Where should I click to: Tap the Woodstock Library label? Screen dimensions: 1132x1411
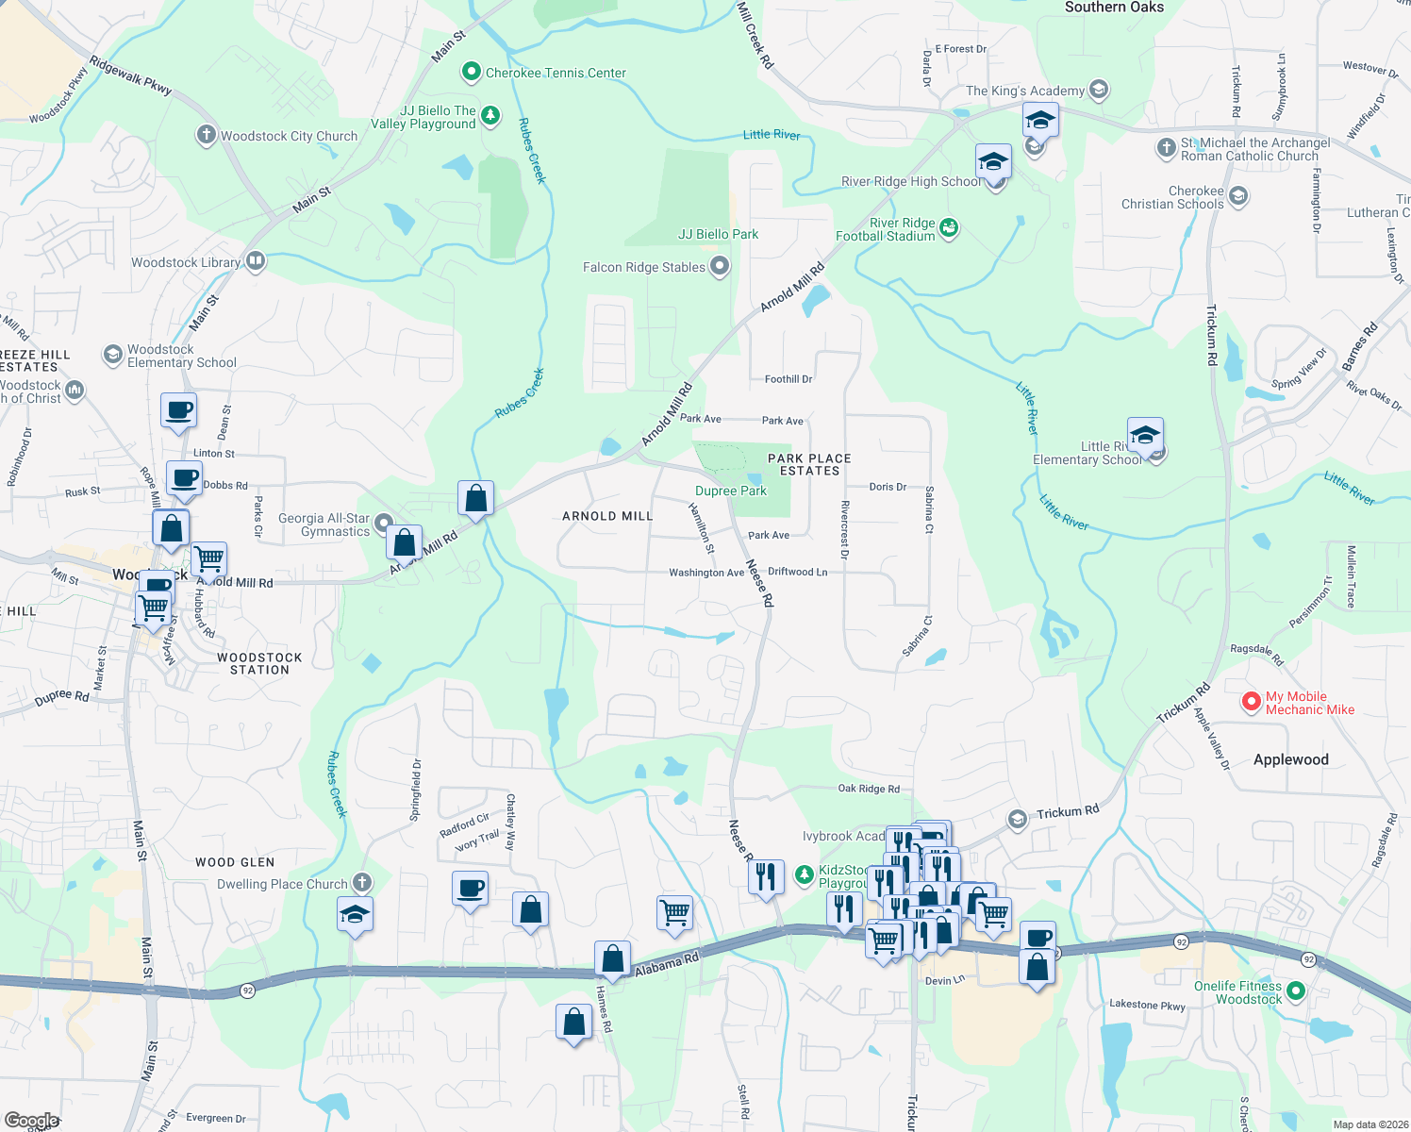coord(186,262)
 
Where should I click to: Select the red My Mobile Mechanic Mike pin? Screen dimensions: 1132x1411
coord(1251,702)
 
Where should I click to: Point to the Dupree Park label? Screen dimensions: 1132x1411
coord(730,491)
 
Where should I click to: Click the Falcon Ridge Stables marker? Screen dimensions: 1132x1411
coord(720,266)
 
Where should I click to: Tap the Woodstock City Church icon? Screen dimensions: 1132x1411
coord(206,135)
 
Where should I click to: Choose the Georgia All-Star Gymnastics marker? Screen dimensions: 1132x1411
coord(383,523)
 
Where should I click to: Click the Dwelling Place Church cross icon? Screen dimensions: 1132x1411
coord(361,883)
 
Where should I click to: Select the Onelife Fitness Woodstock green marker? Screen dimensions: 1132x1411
coord(1296,991)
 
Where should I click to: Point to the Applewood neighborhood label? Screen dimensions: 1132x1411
coord(1290,759)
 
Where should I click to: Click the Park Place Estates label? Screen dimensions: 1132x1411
coord(809,464)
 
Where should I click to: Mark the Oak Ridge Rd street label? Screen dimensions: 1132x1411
coord(869,789)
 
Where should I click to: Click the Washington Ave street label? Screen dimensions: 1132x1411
coord(706,573)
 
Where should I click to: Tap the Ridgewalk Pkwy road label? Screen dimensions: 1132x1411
coord(130,75)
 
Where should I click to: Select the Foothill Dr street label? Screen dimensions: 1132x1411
coord(788,379)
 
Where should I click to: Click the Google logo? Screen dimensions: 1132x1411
coord(31,1121)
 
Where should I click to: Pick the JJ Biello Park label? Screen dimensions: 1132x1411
coord(718,234)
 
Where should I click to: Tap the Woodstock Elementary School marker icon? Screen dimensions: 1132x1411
coord(113,355)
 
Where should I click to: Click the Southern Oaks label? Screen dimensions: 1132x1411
coord(1114,8)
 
